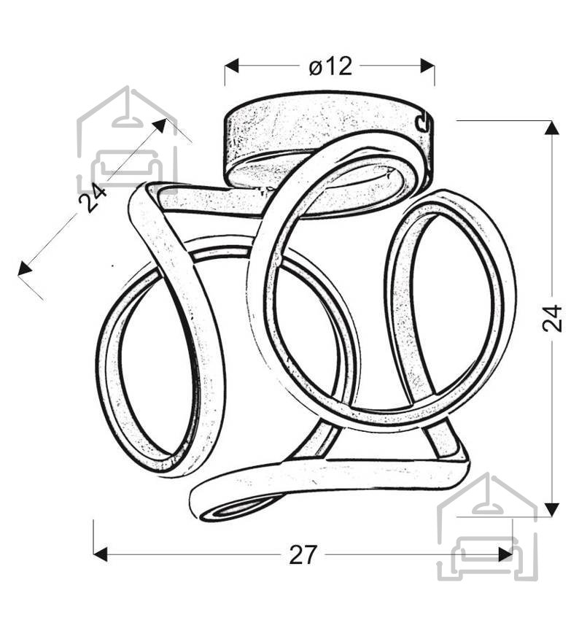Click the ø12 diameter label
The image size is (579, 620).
pos(330,66)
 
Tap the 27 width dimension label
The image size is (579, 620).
pos(303,555)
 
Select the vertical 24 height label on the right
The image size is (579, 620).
pos(552,317)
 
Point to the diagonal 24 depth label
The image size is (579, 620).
pos(92,197)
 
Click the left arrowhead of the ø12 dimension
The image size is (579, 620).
pos(232,66)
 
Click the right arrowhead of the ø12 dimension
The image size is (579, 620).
pos(427,66)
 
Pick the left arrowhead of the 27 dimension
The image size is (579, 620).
pos(101,554)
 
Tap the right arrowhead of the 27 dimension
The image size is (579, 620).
pos(505,554)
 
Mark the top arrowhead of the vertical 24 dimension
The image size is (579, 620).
pos(552,128)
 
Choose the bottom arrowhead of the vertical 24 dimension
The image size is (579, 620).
pos(552,510)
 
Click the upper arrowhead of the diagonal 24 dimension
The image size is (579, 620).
pos(159,125)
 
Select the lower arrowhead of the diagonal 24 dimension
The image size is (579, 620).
pos(25,268)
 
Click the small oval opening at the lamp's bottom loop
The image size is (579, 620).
pos(237,510)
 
